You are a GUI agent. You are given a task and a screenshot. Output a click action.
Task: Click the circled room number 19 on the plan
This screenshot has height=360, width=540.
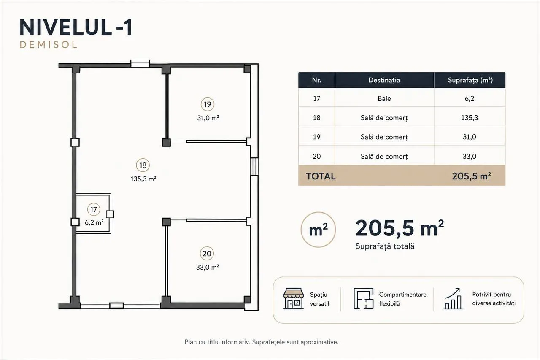(x=207, y=104)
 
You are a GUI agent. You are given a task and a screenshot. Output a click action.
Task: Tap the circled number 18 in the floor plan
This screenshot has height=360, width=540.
(x=143, y=165)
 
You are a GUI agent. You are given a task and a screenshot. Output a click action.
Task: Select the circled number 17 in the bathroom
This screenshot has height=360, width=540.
(x=94, y=209)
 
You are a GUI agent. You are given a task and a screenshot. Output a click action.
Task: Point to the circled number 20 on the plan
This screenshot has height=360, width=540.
(x=207, y=253)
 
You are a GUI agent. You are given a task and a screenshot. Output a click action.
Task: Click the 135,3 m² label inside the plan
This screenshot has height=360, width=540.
(x=143, y=179)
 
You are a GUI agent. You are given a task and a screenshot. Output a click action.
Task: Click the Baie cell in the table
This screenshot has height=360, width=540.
(x=384, y=98)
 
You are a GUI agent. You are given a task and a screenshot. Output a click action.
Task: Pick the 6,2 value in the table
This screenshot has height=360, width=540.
(x=470, y=98)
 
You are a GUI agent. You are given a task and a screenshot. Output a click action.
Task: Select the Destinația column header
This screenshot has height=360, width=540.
(x=384, y=80)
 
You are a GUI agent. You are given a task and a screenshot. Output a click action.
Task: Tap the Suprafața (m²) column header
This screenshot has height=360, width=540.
(x=470, y=80)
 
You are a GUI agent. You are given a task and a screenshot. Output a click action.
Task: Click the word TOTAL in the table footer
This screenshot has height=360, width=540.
(x=321, y=176)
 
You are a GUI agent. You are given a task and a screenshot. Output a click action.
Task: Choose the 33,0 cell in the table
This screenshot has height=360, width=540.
(x=470, y=156)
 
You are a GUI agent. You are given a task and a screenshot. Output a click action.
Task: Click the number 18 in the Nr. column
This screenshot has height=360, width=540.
(x=316, y=118)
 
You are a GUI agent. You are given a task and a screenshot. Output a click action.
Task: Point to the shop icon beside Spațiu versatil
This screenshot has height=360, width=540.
(x=293, y=298)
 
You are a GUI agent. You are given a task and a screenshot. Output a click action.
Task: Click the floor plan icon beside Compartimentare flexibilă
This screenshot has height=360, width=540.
(x=363, y=298)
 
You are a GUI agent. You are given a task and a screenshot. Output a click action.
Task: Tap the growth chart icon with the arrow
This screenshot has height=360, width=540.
(x=453, y=298)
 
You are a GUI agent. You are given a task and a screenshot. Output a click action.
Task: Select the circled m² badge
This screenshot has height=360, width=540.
(x=318, y=230)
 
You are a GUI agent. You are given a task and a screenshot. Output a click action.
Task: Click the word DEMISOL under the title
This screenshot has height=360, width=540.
(x=48, y=45)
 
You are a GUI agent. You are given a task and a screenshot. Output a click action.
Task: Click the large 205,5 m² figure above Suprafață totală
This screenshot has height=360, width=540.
(x=400, y=228)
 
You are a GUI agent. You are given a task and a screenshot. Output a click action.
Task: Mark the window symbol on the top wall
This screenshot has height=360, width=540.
(x=140, y=63)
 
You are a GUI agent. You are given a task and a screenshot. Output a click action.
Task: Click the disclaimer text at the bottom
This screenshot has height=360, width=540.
(x=262, y=342)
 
